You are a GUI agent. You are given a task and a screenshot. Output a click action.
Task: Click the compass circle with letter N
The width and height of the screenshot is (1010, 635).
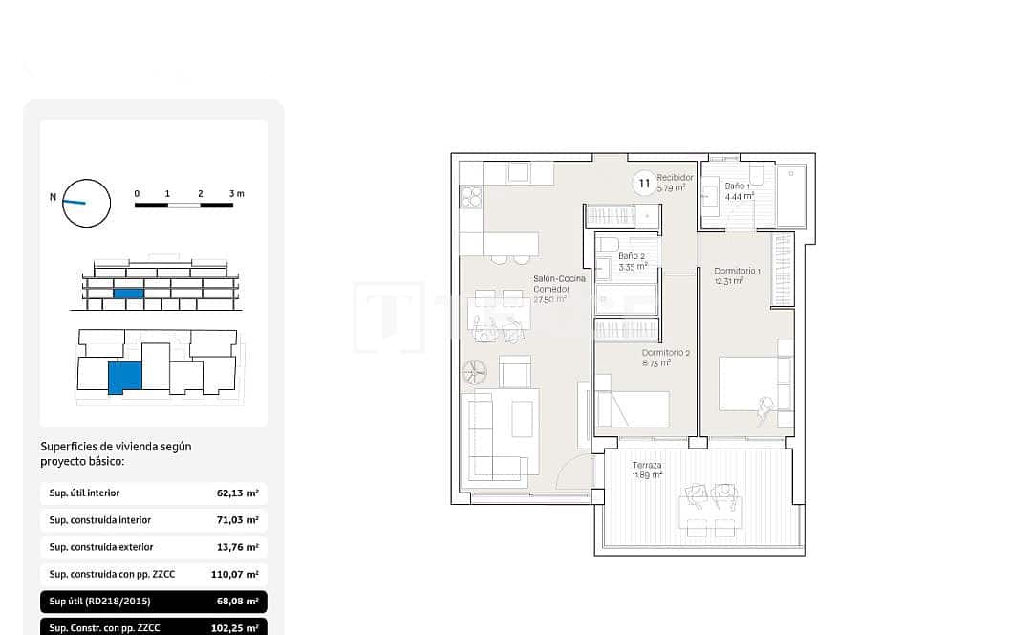(x=86, y=203)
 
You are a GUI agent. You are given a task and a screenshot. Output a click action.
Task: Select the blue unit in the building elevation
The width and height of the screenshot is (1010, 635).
(x=128, y=294)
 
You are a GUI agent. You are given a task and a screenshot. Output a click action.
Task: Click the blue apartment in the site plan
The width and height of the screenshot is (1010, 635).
(x=124, y=378)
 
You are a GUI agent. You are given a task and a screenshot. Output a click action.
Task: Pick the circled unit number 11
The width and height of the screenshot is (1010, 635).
(x=644, y=183)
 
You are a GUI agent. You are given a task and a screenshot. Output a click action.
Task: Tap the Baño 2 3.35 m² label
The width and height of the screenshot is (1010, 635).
(x=633, y=261)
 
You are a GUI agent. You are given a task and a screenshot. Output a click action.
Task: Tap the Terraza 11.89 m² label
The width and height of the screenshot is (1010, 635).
(x=647, y=470)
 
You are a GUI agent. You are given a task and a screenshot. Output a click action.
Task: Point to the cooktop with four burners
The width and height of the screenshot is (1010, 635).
(x=471, y=197)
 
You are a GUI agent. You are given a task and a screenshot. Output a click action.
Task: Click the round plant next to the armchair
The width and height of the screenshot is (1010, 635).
(x=475, y=370)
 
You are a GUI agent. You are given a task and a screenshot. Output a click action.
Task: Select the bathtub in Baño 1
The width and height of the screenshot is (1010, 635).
(x=792, y=195)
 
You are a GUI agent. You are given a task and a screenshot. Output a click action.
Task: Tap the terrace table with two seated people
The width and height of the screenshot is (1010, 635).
(x=711, y=508)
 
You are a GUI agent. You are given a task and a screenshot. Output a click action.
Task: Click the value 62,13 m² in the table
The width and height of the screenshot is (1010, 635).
(x=237, y=493)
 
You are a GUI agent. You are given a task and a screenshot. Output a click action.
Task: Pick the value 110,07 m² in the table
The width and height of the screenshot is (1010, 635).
(x=234, y=575)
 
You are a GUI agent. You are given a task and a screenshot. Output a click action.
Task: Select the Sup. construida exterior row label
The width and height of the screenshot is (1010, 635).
(x=101, y=547)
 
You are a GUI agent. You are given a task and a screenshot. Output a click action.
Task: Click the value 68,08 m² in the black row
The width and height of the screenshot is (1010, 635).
(x=237, y=602)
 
